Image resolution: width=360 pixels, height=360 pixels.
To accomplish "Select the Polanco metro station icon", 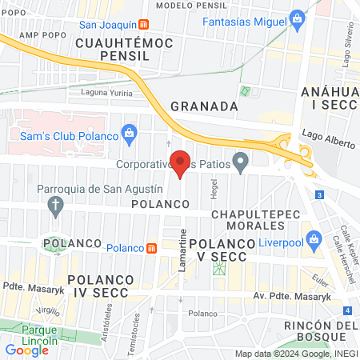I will coord(150,248).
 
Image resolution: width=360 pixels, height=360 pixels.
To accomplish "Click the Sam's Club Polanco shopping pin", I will coord(128,132).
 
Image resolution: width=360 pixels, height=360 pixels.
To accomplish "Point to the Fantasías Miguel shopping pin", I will coord(298,18).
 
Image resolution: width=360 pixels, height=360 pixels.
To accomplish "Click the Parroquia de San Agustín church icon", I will coord(56,208).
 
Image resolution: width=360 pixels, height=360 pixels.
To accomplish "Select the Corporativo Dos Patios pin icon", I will coord(240,164).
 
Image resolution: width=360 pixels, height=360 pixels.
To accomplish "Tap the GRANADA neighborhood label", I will coord(204,106).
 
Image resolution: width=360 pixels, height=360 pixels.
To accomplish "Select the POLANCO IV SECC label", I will coord(105,286).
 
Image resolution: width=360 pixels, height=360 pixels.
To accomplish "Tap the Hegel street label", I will coord(214,190).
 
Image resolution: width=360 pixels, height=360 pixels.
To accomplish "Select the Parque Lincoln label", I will coord(40,336).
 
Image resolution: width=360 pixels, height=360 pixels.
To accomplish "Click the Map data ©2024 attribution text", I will coord(295,354).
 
